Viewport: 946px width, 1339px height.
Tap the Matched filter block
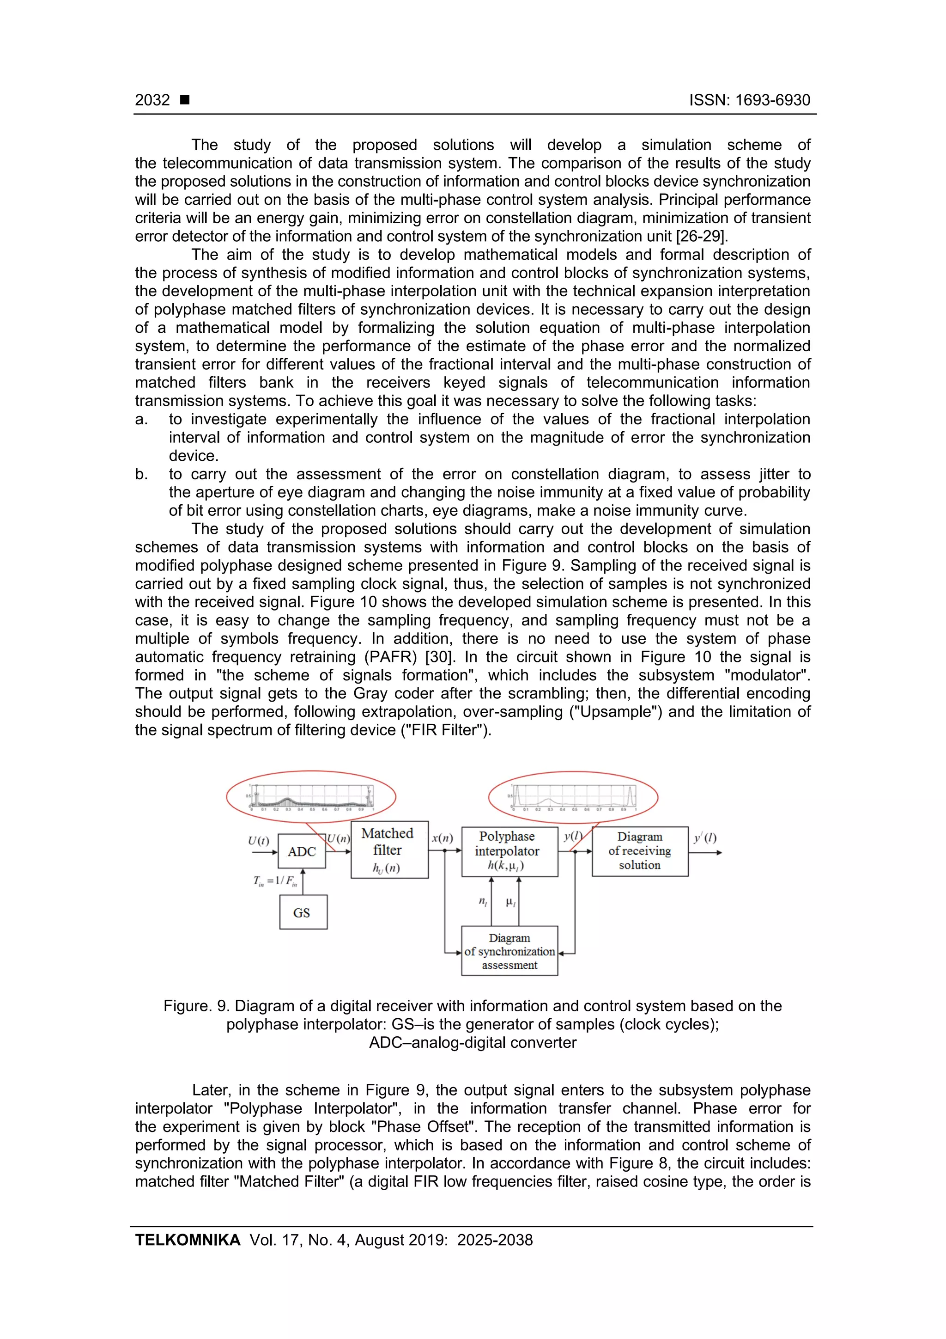click(x=389, y=850)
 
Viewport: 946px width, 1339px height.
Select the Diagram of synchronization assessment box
click(x=509, y=951)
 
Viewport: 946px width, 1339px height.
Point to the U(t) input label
click(x=258, y=840)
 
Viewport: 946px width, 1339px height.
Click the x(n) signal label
click(x=443, y=838)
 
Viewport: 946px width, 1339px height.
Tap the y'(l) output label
click(x=705, y=838)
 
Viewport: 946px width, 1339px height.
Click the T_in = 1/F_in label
click(x=275, y=881)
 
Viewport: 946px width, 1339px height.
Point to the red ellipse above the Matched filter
click(x=311, y=797)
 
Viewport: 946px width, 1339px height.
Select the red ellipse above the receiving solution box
click(x=573, y=797)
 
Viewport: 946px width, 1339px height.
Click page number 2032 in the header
click(x=152, y=100)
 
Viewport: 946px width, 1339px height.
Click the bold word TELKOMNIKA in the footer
click(x=188, y=1241)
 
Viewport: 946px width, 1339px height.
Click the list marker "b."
click(x=142, y=474)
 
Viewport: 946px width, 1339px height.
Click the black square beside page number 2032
click(x=185, y=100)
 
